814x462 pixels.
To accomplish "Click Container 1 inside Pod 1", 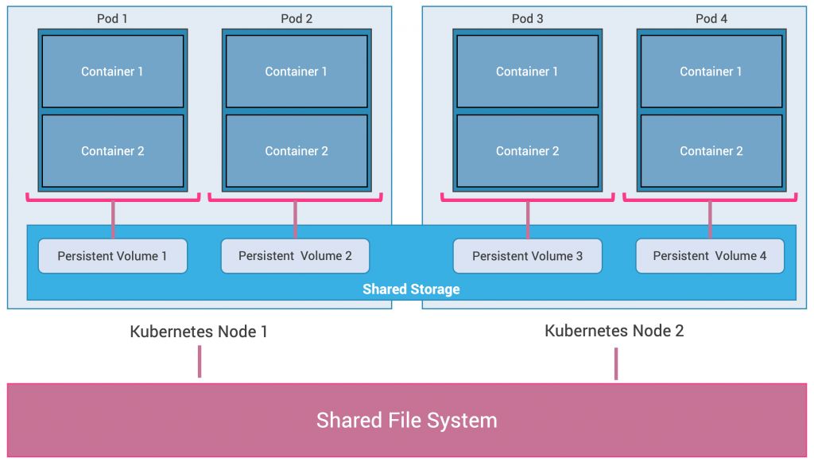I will point(113,72).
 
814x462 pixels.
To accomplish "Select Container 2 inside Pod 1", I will point(113,151).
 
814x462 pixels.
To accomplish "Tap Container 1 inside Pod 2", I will point(297,72).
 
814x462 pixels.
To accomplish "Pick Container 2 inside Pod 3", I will point(527,151).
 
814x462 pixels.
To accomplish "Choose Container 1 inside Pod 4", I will point(711,72).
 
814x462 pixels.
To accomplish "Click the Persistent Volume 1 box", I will point(113,256).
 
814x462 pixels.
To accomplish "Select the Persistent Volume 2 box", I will point(295,256).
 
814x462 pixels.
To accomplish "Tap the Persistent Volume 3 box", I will point(527,256).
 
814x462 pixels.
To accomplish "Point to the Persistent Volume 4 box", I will point(710,256).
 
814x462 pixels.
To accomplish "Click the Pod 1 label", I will point(112,18).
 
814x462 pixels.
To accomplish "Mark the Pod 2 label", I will point(297,18).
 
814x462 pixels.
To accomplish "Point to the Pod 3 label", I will point(528,18).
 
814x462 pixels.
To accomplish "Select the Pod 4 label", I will point(711,18).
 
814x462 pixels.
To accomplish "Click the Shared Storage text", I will point(411,289).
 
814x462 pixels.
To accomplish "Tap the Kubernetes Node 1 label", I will point(199,332).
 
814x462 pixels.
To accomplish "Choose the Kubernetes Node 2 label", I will point(614,331).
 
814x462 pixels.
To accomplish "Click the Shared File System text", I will point(407,420).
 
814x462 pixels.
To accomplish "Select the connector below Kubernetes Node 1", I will point(200,362).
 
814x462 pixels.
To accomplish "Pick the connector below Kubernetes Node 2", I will point(615,363).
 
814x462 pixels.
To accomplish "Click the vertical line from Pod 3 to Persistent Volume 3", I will point(528,219).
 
